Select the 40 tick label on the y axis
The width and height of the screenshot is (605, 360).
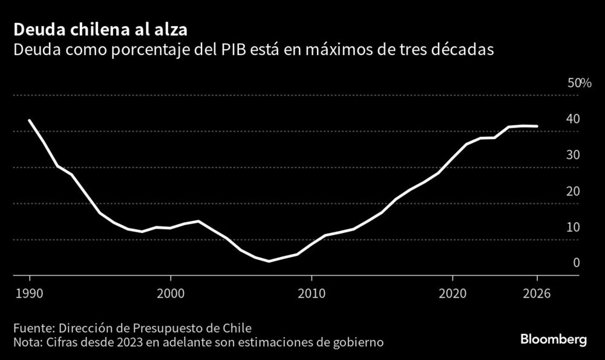573,119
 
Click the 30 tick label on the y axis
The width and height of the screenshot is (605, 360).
573,155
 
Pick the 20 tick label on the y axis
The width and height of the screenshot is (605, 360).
573,191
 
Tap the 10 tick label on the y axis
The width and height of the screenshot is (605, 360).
573,227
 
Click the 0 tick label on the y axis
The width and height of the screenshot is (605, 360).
577,263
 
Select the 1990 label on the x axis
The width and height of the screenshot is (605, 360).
30,293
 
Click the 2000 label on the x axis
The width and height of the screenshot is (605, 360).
170,293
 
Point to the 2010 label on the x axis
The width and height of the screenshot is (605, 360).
311,293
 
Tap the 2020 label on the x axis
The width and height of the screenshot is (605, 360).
452,293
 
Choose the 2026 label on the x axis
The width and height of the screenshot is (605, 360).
536,293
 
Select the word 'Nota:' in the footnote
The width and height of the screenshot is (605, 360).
29,342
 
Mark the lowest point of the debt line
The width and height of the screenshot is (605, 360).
269,261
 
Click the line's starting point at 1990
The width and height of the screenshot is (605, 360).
30,120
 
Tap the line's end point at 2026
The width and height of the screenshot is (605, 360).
537,126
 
